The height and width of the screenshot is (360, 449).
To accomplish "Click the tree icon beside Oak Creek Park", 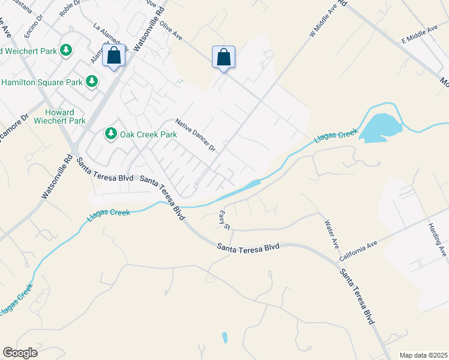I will tap(110, 133).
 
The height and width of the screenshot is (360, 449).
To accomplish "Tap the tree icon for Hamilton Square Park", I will tap(92, 81).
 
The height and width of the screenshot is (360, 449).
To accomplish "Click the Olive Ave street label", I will tap(171, 34).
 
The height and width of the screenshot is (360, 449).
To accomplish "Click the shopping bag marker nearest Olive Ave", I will tap(223, 58).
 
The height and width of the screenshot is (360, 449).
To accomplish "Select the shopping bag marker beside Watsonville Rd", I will tap(114, 56).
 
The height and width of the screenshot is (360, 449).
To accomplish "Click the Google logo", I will tap(20, 352).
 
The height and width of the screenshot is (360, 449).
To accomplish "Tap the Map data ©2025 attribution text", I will tap(423, 355).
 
